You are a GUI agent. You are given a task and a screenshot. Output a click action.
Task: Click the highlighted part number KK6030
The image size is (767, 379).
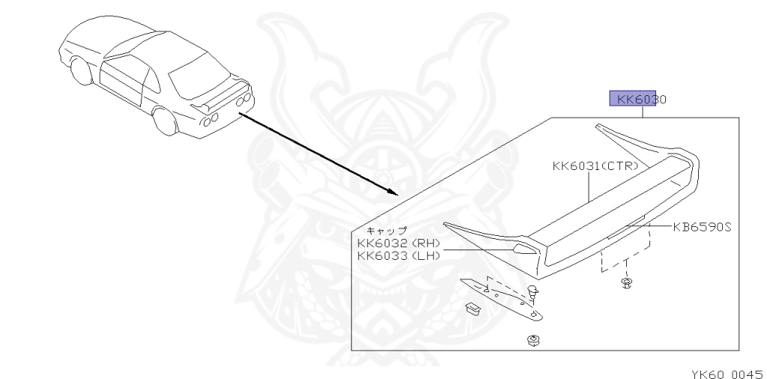634,99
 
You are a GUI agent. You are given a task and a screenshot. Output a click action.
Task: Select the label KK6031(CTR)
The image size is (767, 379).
595,166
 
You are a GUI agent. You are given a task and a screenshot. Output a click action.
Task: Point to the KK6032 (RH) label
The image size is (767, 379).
398,243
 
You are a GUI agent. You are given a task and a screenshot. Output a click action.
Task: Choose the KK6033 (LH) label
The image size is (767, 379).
398,256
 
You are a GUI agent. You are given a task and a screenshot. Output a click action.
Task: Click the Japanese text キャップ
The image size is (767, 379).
386,230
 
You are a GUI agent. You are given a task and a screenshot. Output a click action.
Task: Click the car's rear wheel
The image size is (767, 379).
164,121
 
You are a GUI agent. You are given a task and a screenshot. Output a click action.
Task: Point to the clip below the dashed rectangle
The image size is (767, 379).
625,283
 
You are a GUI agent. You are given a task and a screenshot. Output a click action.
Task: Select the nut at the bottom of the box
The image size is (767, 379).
533,341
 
